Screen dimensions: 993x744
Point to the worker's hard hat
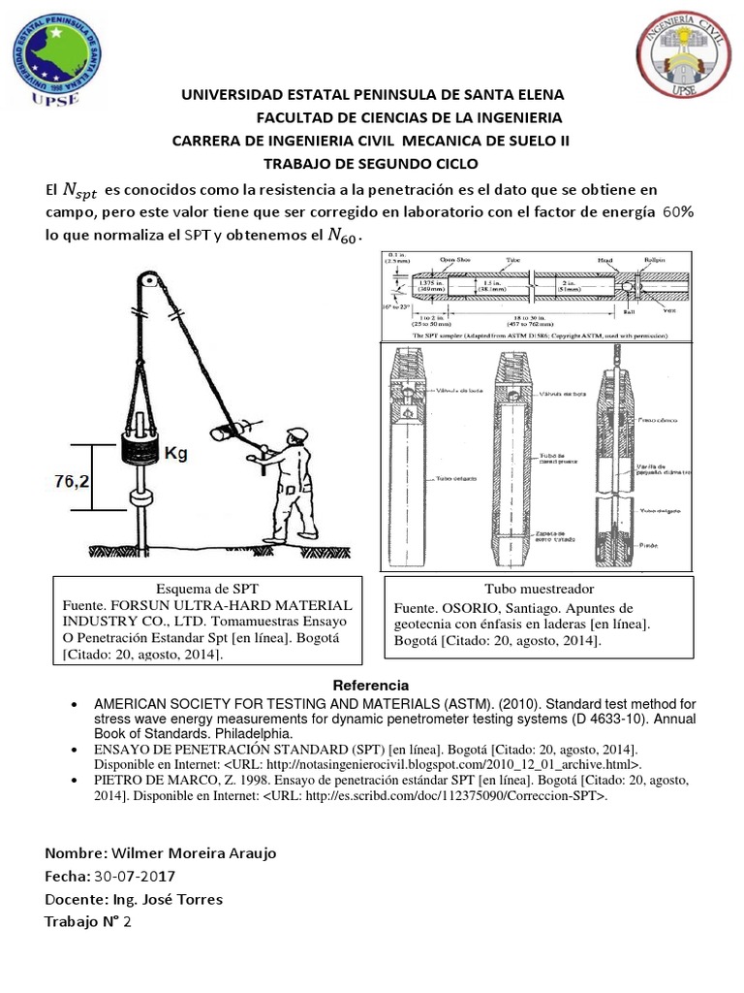[x=297, y=435]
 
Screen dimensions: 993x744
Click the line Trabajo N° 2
[x=87, y=922]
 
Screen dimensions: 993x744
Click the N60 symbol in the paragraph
[x=344, y=236]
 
